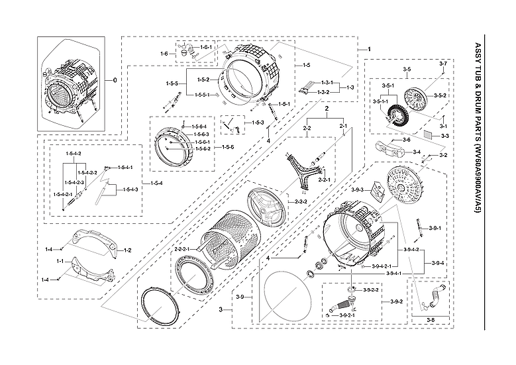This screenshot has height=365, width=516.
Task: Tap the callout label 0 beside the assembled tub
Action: click(x=115, y=80)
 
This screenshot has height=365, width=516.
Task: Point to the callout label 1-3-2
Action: click(x=324, y=91)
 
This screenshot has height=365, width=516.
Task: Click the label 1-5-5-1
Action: click(x=205, y=95)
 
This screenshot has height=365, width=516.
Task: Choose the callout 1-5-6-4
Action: click(x=199, y=127)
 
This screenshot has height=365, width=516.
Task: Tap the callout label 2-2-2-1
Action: click(x=182, y=249)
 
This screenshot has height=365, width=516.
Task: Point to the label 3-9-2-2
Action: click(x=371, y=290)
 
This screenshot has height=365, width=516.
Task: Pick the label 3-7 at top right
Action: click(x=443, y=62)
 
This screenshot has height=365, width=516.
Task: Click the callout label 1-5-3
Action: click(x=257, y=123)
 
